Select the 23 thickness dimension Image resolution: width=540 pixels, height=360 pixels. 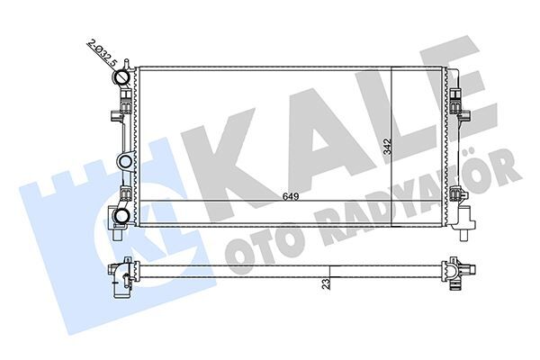click(326, 283)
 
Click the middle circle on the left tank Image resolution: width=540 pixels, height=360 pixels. click(124, 163)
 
